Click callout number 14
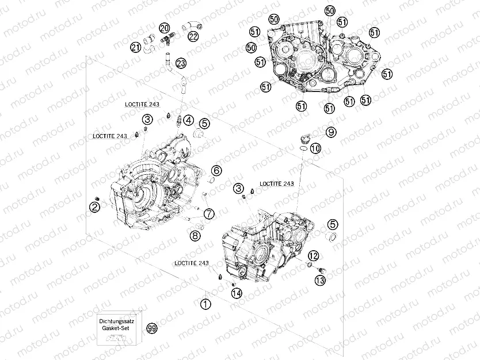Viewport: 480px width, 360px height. (x=236, y=293)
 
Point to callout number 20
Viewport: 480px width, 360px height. (x=165, y=28)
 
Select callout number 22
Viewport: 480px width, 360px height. (x=193, y=37)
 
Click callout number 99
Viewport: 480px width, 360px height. (x=152, y=328)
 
